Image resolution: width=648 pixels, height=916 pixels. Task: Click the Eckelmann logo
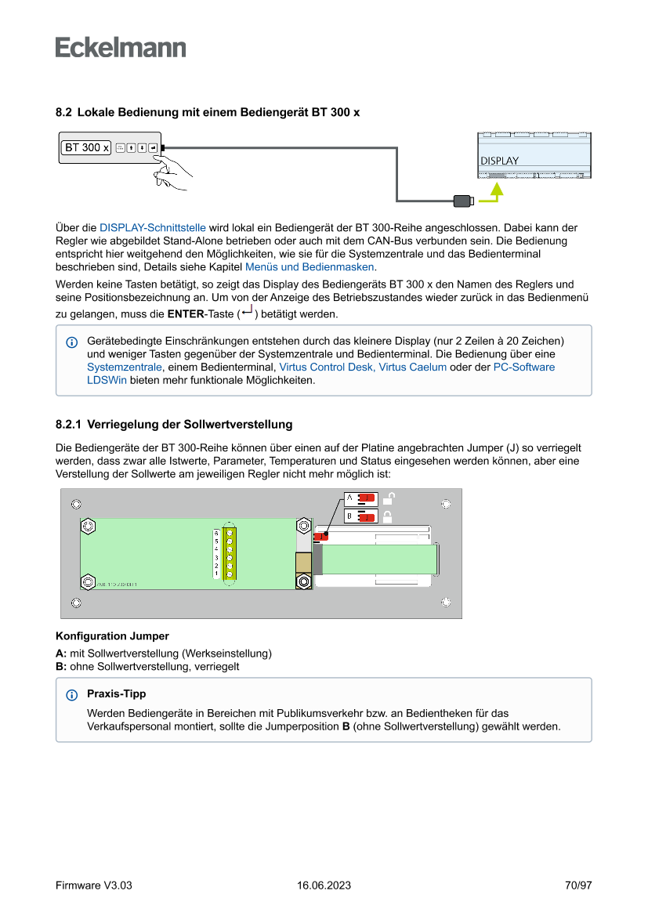coord(121,48)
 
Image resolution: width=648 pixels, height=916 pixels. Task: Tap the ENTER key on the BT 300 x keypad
coord(153,147)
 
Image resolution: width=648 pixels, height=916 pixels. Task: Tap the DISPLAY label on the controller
coord(499,161)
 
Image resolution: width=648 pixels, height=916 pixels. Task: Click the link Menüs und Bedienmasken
coord(310,267)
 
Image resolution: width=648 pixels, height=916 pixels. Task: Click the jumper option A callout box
coord(361,498)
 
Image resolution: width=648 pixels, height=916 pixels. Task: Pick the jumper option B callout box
coord(361,516)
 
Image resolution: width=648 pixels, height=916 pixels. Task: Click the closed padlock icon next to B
coord(387,516)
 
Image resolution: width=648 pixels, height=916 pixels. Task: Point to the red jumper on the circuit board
coord(321,537)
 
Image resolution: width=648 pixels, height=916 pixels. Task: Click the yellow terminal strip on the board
coord(230,552)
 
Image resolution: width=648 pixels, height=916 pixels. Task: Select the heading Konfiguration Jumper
coord(112,635)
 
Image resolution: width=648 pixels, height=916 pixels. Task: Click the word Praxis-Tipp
coord(116,693)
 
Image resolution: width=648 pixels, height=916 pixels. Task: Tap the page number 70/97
coord(578,885)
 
